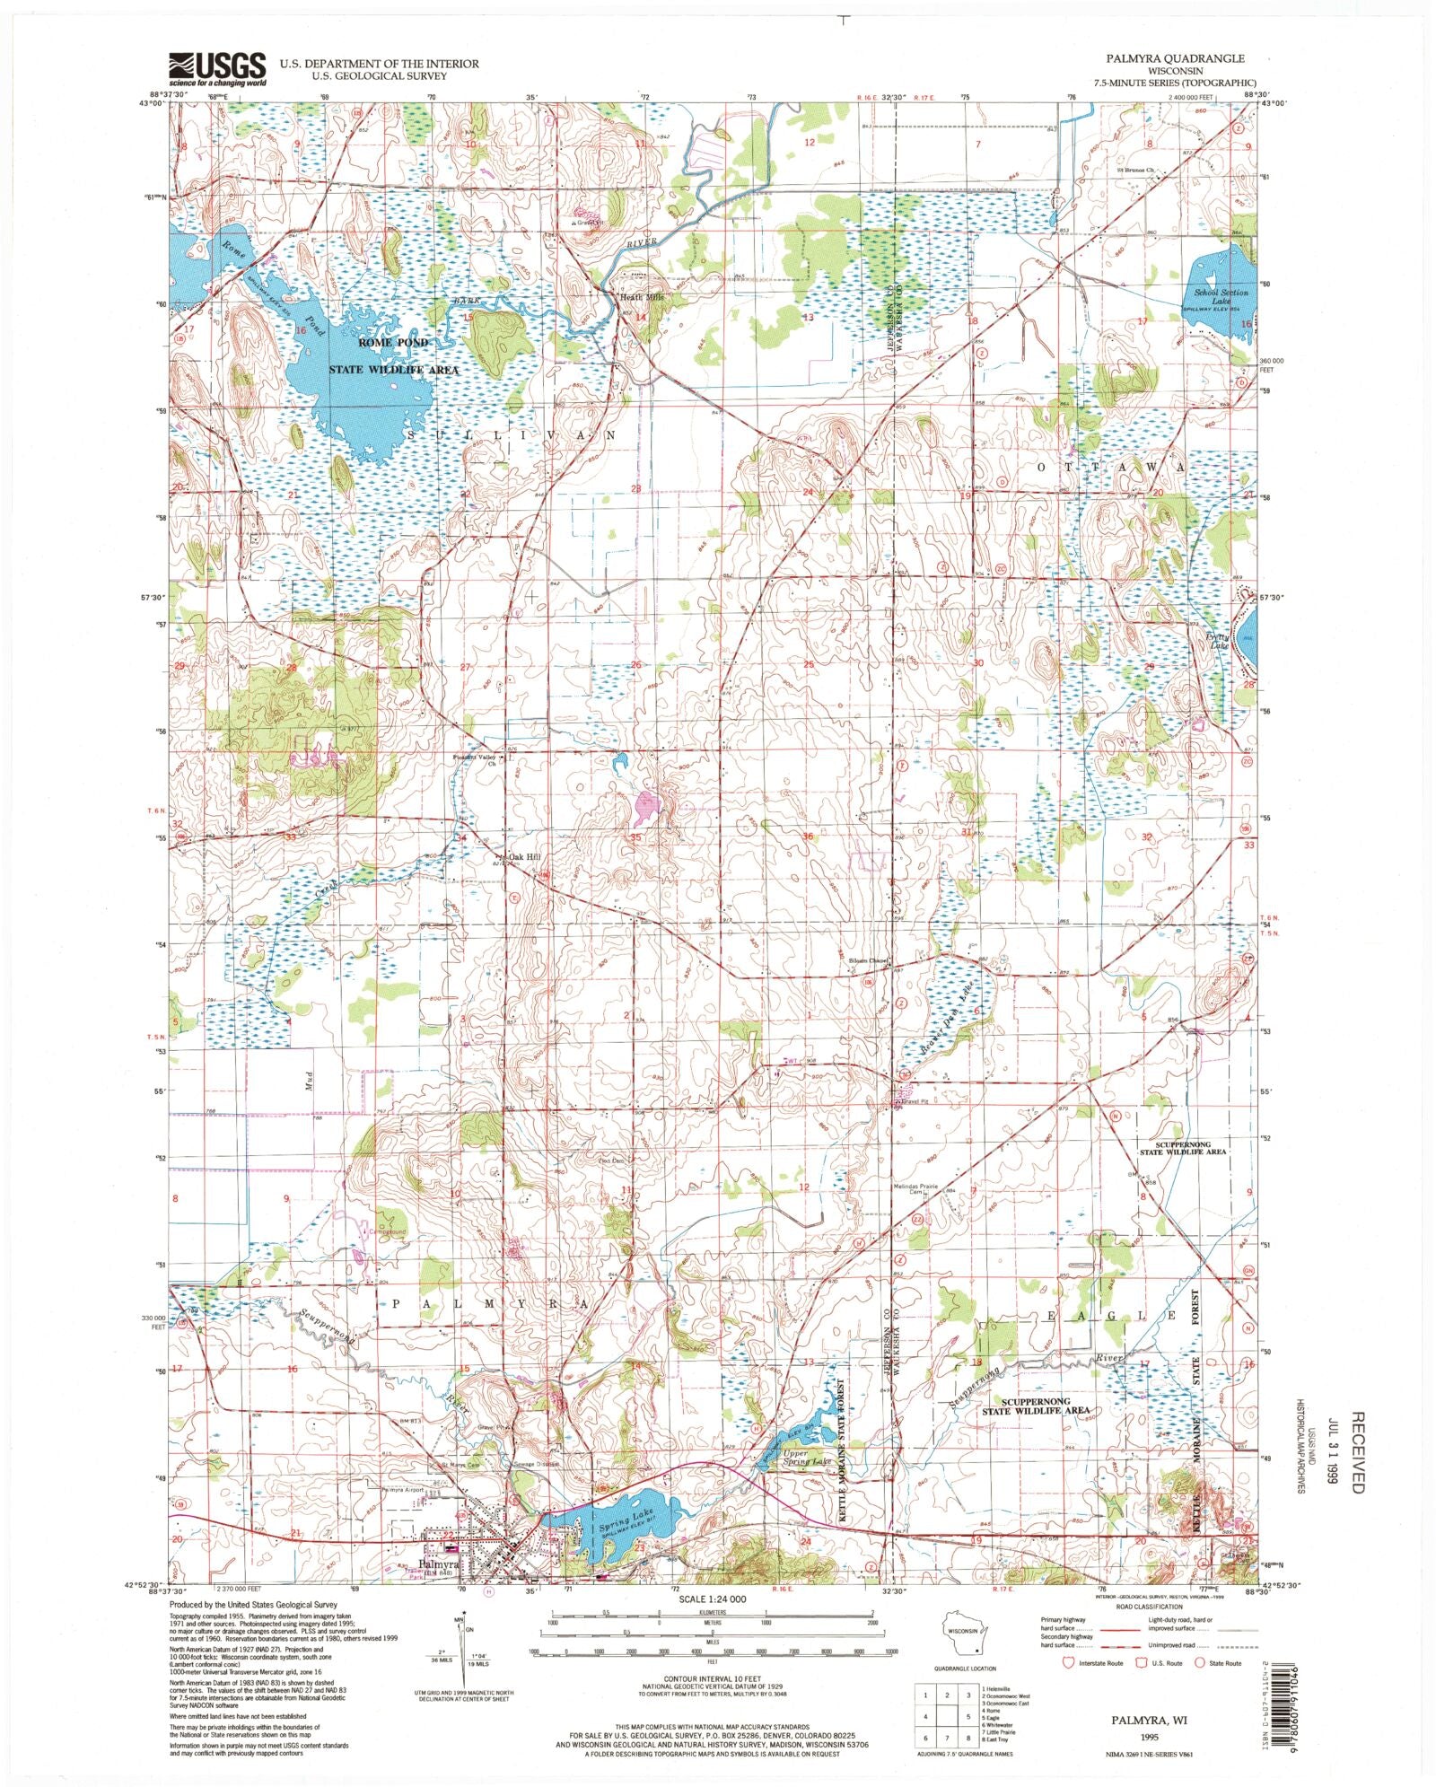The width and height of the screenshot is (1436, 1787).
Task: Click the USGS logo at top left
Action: pos(218,68)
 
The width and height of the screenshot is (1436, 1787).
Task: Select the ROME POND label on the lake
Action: pos(393,343)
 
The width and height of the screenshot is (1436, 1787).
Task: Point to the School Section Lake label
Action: pos(1221,298)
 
